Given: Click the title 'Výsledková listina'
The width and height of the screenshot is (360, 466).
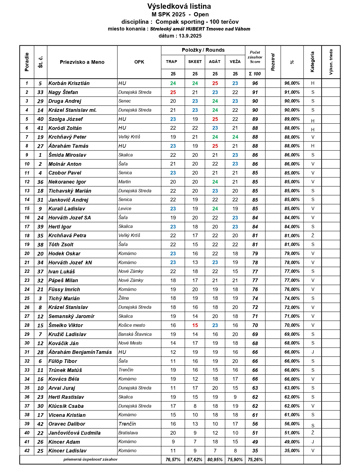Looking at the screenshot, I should [x=179, y=6].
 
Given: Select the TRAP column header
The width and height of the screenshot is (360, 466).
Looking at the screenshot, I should [x=172, y=62].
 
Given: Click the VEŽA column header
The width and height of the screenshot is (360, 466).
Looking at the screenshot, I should [x=235, y=62].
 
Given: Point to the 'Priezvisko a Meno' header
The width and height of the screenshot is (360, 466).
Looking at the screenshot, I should [x=82, y=62].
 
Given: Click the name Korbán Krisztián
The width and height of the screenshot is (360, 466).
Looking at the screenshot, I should [x=69, y=83].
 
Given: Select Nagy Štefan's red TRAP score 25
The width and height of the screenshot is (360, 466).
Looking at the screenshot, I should [x=173, y=92].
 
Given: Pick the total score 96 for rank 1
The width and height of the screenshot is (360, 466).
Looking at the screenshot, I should [x=255, y=83].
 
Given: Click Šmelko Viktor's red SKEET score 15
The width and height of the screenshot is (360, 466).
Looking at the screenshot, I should [x=195, y=325].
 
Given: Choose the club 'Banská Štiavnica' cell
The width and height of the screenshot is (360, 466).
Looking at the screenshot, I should [x=135, y=334].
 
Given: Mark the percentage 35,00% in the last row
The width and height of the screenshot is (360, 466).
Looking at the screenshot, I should [x=292, y=451].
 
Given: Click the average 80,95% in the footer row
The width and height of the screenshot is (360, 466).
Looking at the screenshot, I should [x=215, y=460].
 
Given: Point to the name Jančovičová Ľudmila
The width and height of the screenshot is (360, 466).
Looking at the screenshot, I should [x=75, y=433].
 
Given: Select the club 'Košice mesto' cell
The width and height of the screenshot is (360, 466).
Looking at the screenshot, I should [x=132, y=325].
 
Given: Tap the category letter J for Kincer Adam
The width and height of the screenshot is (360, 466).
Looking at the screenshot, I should [x=313, y=442].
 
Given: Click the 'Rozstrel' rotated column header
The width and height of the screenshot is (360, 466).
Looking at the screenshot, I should [x=273, y=62].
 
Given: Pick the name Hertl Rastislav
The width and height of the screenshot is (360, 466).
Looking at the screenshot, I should [x=66, y=397].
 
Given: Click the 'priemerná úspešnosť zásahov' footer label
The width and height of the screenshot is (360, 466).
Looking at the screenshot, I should [x=90, y=460].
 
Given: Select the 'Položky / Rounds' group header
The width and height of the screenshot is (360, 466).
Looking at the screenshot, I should [x=203, y=50].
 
